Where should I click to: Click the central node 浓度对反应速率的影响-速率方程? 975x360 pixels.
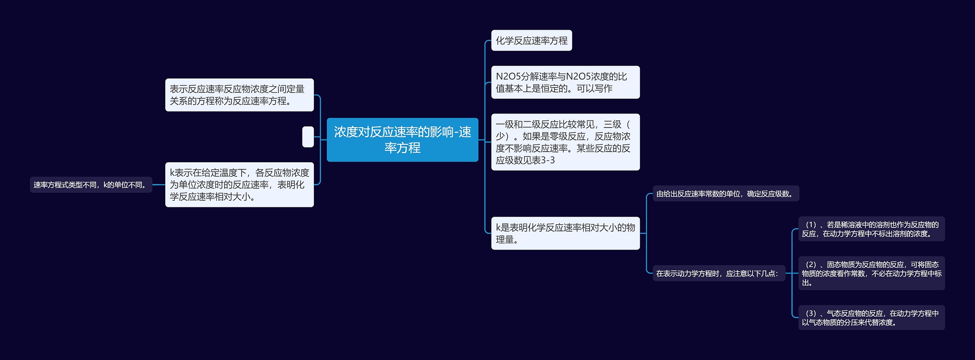point(402,139)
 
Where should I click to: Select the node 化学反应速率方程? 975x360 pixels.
point(531,40)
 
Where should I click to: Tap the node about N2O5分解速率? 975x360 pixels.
point(565,82)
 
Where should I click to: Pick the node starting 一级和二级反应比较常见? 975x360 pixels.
point(565,142)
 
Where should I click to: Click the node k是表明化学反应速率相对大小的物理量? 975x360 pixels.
point(565,233)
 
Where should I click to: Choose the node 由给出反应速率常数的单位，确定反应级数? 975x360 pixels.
point(725,194)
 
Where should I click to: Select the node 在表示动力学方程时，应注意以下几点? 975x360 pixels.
point(718,273)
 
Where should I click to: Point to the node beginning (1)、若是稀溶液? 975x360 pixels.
point(871,229)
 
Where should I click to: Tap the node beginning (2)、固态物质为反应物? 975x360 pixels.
point(871,273)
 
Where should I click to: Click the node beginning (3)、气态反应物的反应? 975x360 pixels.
point(871,317)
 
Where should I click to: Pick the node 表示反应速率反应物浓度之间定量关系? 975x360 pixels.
point(239,95)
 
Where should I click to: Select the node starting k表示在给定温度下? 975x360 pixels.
point(239,184)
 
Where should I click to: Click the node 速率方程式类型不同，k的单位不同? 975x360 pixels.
point(91,185)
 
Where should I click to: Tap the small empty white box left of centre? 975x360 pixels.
point(308,137)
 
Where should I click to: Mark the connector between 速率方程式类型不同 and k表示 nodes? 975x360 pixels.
point(158,185)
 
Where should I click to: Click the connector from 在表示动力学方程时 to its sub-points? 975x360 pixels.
point(792,273)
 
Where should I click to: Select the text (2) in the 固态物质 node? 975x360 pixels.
point(811,264)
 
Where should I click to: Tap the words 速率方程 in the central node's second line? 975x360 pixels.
point(402,148)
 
